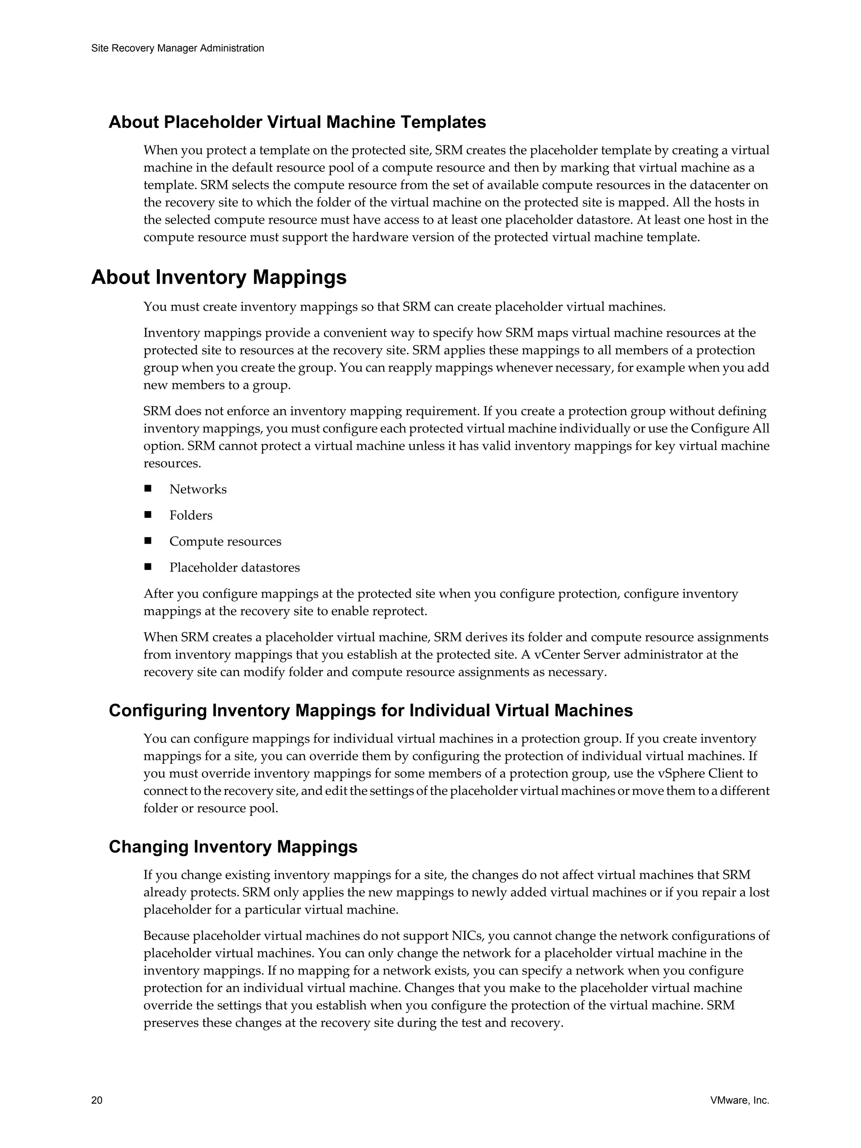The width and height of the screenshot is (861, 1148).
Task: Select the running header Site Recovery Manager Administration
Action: coord(177,48)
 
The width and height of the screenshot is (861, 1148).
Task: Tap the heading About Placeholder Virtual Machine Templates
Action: coord(297,122)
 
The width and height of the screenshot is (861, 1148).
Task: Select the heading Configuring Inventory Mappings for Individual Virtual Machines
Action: coord(370,710)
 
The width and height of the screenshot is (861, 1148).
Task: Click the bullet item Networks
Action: coord(198,489)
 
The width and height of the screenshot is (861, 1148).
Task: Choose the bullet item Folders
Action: coord(190,515)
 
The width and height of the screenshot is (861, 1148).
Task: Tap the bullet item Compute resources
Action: coord(225,541)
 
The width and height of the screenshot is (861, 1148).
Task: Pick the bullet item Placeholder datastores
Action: coord(234,567)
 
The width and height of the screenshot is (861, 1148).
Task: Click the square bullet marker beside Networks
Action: coord(148,489)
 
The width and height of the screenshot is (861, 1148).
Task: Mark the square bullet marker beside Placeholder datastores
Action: coord(148,567)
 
